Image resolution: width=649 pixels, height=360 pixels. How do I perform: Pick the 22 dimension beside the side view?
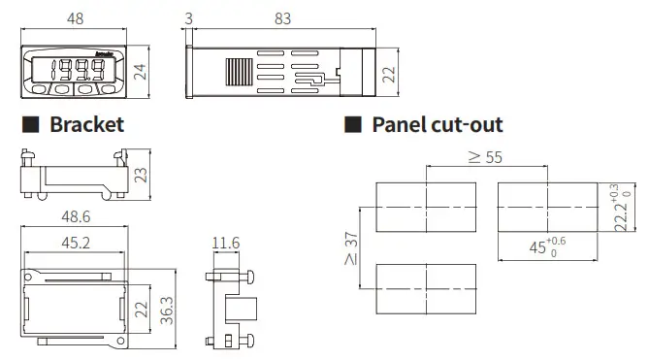[390, 75]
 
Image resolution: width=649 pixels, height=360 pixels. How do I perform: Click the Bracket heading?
[86, 125]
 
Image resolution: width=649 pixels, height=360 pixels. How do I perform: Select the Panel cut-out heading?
[438, 125]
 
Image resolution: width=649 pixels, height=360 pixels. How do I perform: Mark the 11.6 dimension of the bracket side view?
[226, 243]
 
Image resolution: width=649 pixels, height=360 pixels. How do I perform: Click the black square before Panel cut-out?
[353, 125]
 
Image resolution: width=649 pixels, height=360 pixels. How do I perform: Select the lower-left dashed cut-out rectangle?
[426, 289]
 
